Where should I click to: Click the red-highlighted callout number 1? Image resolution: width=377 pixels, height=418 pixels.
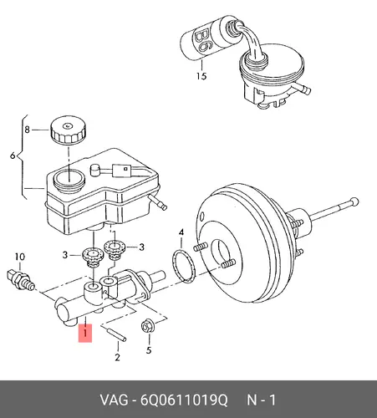coord(85,333)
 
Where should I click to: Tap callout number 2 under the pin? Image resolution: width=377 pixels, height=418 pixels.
coord(117,357)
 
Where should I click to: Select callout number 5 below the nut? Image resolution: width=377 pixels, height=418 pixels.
coord(149,350)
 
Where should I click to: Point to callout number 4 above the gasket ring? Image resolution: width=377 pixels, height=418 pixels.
coord(181,232)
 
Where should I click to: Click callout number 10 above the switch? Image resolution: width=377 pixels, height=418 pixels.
coord(20,257)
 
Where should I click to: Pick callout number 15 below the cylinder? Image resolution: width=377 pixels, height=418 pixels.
coord(201,76)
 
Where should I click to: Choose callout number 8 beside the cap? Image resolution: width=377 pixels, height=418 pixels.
coord(27,130)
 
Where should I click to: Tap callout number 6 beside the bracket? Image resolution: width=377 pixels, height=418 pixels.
coord(13,155)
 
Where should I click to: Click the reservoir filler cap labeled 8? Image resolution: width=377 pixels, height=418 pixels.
coord(68,130)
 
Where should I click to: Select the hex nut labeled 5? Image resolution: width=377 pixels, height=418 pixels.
coord(148,326)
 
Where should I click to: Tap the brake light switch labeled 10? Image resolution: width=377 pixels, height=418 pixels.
coord(21,280)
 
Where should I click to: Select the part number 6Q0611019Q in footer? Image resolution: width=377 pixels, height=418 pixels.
coord(184,400)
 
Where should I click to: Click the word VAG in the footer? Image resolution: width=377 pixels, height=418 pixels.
coord(115,400)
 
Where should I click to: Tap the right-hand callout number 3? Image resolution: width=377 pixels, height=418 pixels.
coord(141,247)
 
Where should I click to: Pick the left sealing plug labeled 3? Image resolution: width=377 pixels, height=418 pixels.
coord(93,258)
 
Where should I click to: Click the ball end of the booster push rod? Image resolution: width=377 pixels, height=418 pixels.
coord(354,201)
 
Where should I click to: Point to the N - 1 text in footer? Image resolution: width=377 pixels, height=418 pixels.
coord(262,400)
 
